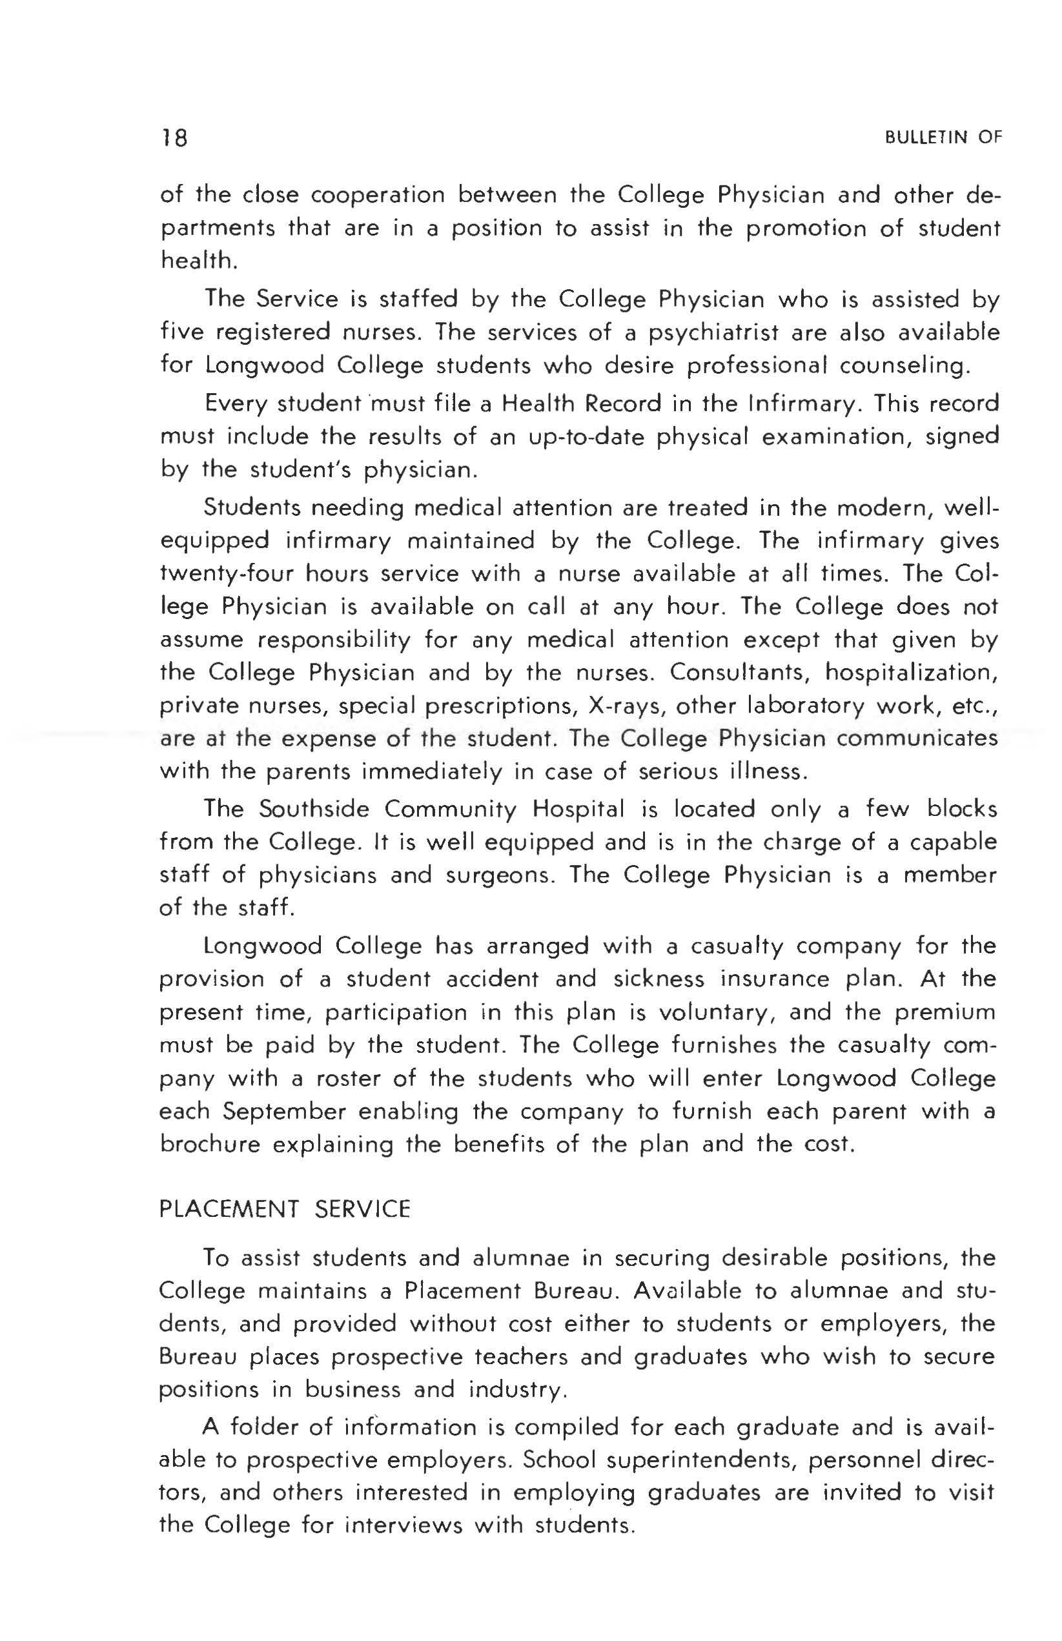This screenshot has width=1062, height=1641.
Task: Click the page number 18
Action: point(174,139)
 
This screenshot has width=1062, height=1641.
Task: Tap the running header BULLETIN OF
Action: point(943,138)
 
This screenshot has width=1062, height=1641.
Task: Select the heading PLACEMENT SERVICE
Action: point(285,1208)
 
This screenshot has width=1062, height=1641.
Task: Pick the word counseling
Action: point(904,365)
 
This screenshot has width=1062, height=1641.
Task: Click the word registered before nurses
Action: point(272,333)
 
